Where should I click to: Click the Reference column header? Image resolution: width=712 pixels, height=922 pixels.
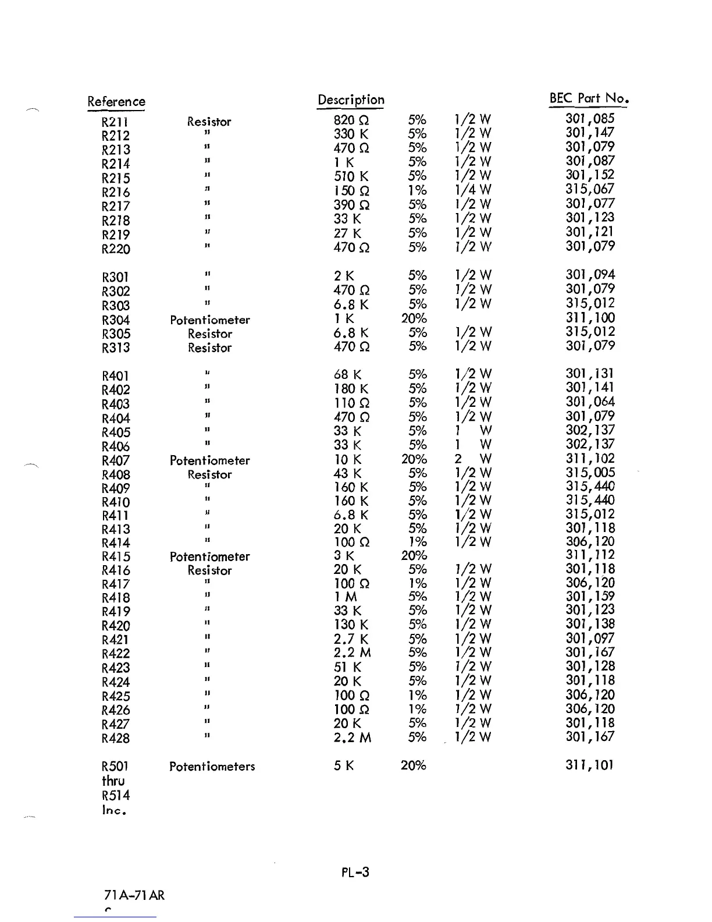[x=116, y=102]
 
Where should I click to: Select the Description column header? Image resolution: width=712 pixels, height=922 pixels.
[x=351, y=100]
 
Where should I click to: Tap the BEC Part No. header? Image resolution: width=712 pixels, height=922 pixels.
[x=590, y=98]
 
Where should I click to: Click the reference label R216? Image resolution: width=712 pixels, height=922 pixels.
[x=116, y=193]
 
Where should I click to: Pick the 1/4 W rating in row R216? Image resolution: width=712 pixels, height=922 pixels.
[x=472, y=190]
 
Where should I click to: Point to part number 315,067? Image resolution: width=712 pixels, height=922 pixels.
[x=590, y=189]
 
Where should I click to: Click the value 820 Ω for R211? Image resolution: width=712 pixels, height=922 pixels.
[x=351, y=120]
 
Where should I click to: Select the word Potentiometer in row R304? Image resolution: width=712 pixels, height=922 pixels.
[x=210, y=320]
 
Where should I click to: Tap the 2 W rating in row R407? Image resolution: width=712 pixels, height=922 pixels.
[x=472, y=459]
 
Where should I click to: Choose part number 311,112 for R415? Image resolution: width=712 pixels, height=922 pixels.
[x=590, y=555]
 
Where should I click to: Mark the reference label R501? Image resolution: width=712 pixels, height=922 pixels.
[x=116, y=767]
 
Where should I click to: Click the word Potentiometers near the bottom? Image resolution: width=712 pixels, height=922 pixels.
[x=212, y=767]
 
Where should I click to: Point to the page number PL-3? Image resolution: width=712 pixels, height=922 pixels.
[x=355, y=872]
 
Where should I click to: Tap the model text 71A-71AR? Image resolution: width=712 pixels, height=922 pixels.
[x=133, y=895]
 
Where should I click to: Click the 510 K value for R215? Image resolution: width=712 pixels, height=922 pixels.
[x=351, y=176]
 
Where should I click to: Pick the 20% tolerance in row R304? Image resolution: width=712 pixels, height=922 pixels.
[x=414, y=319]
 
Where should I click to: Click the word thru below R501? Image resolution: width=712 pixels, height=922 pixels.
[x=113, y=781]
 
